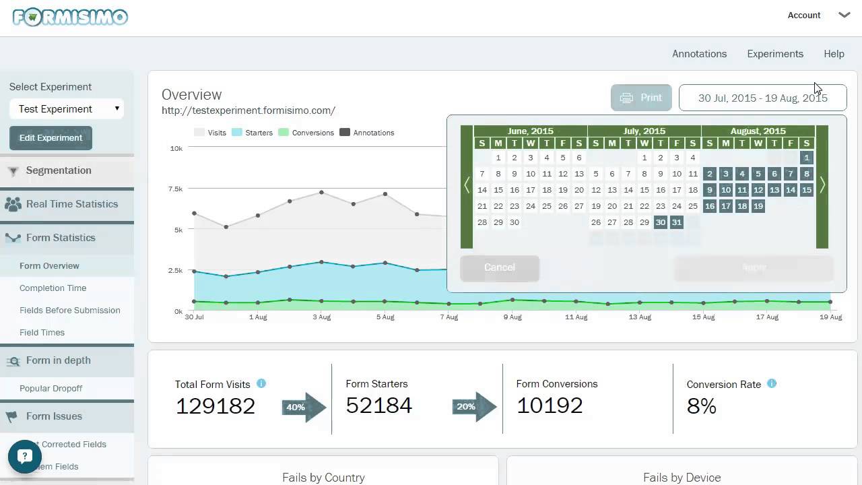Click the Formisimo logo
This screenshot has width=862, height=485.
click(70, 17)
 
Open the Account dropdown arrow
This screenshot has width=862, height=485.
click(844, 15)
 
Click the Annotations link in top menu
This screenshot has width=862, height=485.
click(699, 54)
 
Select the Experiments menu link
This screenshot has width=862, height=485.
click(775, 54)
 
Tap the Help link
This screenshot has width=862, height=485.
click(834, 54)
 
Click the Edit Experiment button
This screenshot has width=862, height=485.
click(51, 137)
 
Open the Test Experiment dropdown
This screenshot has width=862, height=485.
click(66, 109)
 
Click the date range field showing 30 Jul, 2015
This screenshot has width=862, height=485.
click(762, 98)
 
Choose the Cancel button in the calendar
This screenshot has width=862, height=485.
click(500, 267)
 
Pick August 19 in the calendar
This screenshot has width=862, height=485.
click(758, 206)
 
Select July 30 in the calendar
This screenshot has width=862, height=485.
click(661, 222)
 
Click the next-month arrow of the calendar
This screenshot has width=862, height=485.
click(822, 185)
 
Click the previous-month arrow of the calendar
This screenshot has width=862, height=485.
click(467, 185)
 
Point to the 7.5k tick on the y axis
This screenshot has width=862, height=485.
click(175, 189)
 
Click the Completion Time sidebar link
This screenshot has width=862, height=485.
click(53, 288)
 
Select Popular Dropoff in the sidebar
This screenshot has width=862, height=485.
click(51, 389)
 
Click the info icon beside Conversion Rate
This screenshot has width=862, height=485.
click(772, 383)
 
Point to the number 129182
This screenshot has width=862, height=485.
click(215, 406)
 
